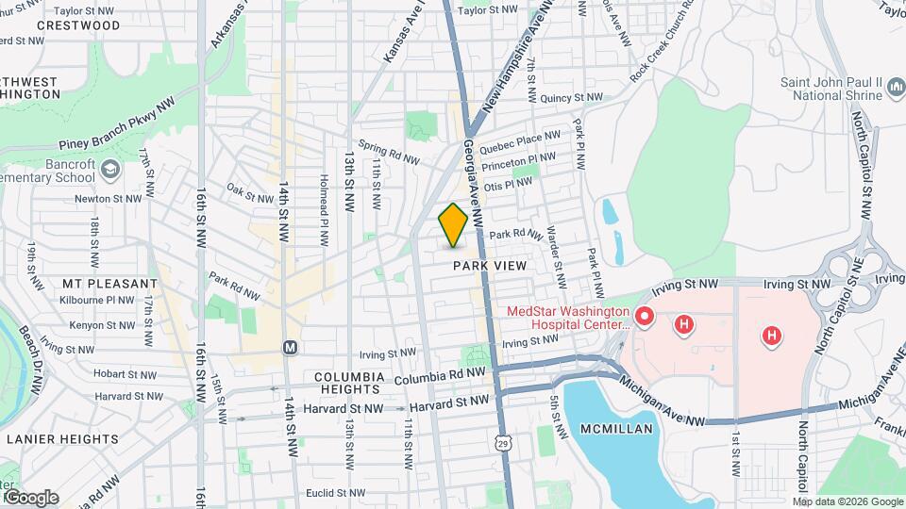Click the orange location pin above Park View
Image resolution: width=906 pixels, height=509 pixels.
click(x=453, y=225)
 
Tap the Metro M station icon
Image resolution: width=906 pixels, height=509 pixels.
click(x=291, y=347)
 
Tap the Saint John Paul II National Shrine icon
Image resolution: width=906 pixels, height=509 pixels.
click(x=895, y=89)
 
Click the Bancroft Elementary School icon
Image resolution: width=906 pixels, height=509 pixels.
click(x=110, y=169)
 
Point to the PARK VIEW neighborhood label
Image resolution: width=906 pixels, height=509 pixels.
click(x=489, y=266)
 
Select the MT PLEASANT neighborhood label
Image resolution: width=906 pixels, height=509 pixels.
click(x=109, y=283)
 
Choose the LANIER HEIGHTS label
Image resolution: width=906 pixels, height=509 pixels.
click(x=62, y=438)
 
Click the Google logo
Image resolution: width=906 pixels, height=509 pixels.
click(x=30, y=498)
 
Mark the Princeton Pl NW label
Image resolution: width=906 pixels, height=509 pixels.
click(x=518, y=163)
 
